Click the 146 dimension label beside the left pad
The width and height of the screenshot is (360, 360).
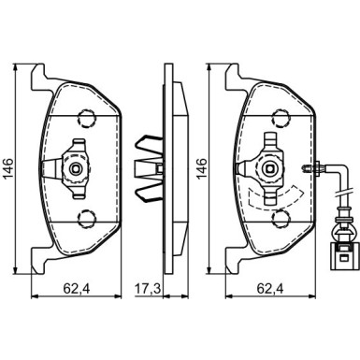coord(8,168)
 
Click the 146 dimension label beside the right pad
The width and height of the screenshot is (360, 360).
coord(202,168)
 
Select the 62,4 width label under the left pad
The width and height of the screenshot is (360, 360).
coord(77,289)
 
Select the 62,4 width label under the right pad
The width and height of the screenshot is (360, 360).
coord(270,289)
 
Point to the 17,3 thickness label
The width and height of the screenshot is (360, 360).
coord(148,289)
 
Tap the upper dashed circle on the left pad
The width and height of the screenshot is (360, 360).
coord(87,119)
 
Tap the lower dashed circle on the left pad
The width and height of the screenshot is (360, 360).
coord(87,219)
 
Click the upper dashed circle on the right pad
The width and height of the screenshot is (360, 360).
coord(281,119)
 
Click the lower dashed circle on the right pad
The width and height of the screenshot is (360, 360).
coord(281,219)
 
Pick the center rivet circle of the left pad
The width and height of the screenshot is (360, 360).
coord(76,168)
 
